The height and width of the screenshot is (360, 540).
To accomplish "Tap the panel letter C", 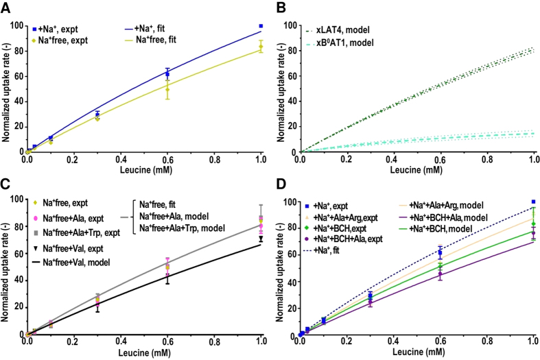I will click(6, 184).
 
